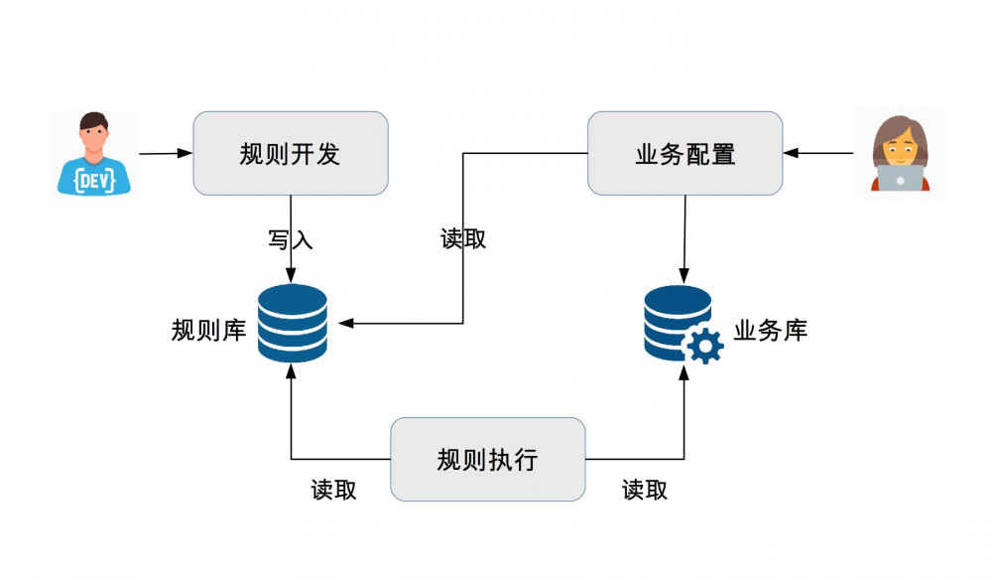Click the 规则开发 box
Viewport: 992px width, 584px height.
(x=290, y=153)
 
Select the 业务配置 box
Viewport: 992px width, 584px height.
(x=684, y=153)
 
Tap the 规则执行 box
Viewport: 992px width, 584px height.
(x=487, y=459)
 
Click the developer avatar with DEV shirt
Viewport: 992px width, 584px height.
(x=95, y=154)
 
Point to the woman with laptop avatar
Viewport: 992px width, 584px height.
(x=900, y=154)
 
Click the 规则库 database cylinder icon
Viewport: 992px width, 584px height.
(x=292, y=323)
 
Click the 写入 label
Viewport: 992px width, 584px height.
(x=290, y=239)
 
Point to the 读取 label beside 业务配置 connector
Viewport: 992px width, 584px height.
(x=463, y=239)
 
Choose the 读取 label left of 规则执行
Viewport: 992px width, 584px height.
(x=333, y=490)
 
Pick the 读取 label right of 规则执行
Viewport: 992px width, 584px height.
(x=645, y=490)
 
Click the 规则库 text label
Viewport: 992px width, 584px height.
(x=208, y=330)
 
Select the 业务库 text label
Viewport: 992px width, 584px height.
(x=771, y=330)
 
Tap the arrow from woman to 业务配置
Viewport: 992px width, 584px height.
(x=818, y=153)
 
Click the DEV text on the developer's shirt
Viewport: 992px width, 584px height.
(x=95, y=180)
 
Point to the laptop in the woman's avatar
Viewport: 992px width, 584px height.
(x=900, y=179)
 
